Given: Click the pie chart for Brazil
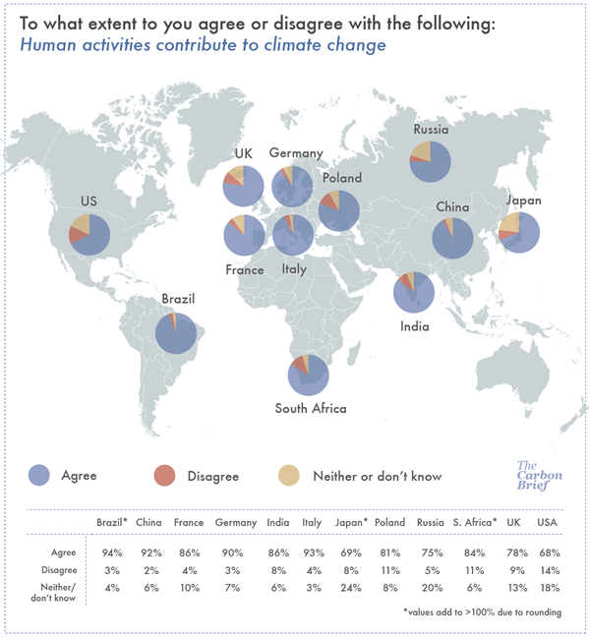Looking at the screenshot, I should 176,333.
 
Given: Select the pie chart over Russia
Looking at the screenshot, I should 431,161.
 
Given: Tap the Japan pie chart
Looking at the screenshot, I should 518,233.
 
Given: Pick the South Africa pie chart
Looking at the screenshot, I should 308,374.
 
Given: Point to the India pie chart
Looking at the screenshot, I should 413,292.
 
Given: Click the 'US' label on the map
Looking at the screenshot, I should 88,202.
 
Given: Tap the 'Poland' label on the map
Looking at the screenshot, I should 341,179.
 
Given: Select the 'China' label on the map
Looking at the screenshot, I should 452,207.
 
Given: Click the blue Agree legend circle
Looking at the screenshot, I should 41,476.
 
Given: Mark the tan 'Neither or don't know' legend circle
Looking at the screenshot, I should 291,476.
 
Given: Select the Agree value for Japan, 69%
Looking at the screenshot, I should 351,552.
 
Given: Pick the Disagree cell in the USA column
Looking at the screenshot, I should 549,571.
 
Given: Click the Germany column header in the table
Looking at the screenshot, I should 236,523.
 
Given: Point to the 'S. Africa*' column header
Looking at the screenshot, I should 474,523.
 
